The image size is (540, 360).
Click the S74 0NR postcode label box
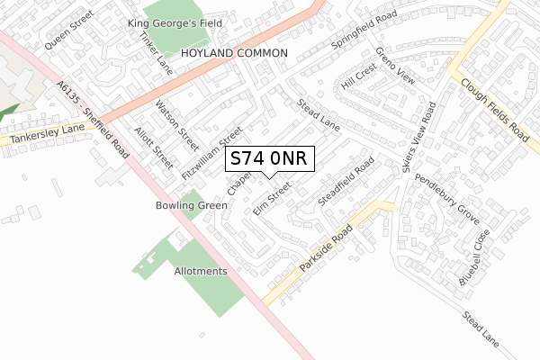(x=269, y=158)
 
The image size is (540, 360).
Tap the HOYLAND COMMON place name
(x=234, y=54)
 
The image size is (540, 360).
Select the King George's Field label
(x=167, y=22)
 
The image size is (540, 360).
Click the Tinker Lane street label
(x=156, y=53)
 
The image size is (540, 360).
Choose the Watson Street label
(x=176, y=124)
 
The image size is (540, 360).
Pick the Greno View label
(x=396, y=66)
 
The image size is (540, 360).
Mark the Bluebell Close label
(x=474, y=256)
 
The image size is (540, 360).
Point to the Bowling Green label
(x=188, y=205)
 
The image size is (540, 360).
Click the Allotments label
(x=201, y=271)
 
